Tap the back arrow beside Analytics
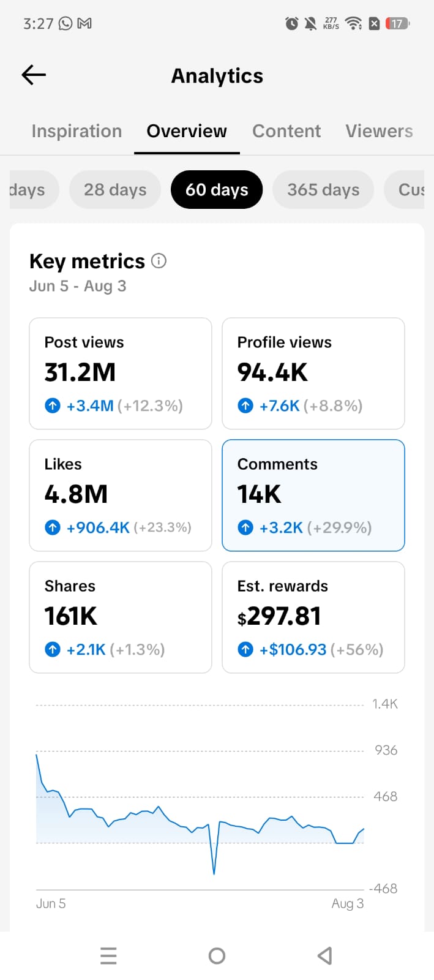[34, 75]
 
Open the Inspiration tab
[77, 131]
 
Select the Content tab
[286, 131]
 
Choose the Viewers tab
[379, 131]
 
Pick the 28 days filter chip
[115, 189]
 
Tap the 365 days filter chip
[323, 189]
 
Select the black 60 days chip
[217, 189]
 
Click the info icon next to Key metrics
[159, 261]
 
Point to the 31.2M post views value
[80, 372]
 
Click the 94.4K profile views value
[272, 372]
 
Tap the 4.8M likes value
[76, 494]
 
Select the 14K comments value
[259, 494]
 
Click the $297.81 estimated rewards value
[279, 616]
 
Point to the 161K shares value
[71, 616]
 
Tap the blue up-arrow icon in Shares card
[53, 649]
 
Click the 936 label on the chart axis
[386, 750]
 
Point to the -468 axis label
[383, 888]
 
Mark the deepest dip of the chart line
[214, 873]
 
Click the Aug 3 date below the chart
[348, 904]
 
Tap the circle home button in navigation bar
[217, 956]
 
